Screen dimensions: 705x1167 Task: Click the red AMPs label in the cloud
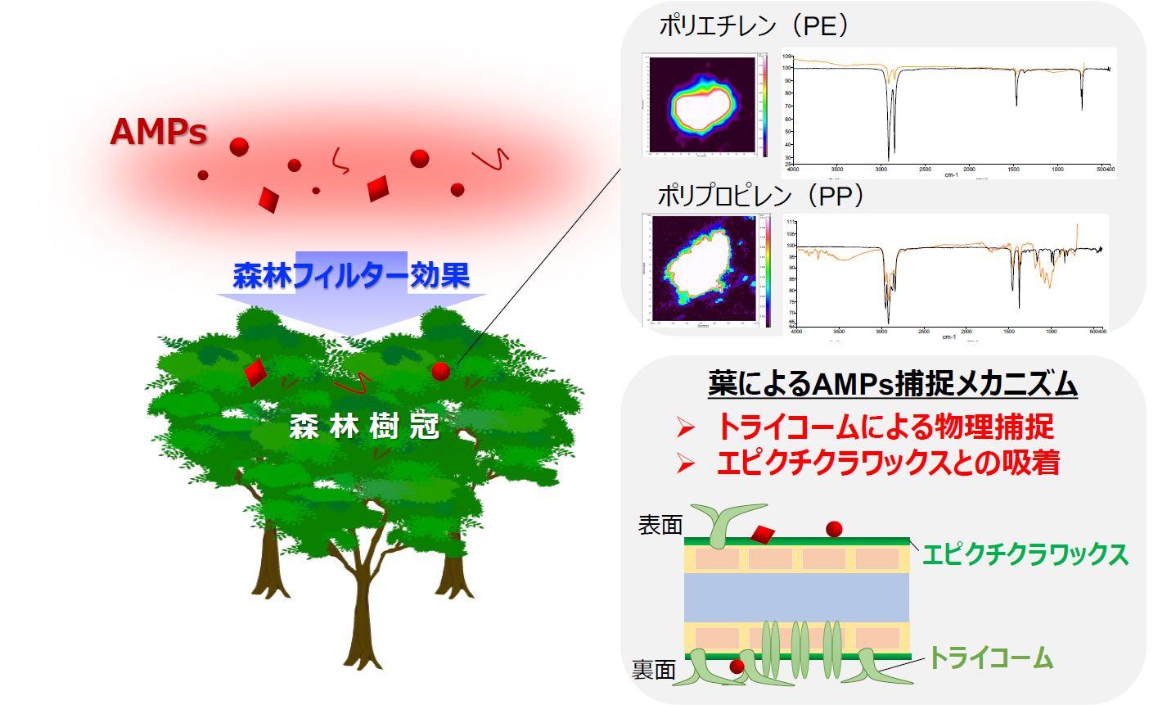click(x=158, y=131)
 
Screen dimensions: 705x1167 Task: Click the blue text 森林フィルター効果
click(x=351, y=275)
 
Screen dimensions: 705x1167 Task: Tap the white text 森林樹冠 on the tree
click(x=364, y=427)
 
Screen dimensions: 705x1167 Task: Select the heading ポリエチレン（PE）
click(x=754, y=26)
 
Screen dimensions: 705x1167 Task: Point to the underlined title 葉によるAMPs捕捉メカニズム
click(x=892, y=383)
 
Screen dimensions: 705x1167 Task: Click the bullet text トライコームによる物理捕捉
click(x=885, y=427)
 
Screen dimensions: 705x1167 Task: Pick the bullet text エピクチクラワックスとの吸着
click(x=888, y=463)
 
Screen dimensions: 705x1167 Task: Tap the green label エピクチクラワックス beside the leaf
click(x=1025, y=554)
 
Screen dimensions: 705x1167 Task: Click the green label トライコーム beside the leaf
click(x=989, y=658)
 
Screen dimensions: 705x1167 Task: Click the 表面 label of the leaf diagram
click(x=660, y=526)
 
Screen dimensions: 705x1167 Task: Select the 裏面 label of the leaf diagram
click(x=653, y=671)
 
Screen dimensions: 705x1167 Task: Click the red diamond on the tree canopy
click(x=255, y=372)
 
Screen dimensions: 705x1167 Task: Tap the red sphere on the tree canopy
click(x=440, y=371)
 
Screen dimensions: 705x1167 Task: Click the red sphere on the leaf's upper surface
click(x=834, y=528)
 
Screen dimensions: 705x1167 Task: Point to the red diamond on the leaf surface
click(x=764, y=535)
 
